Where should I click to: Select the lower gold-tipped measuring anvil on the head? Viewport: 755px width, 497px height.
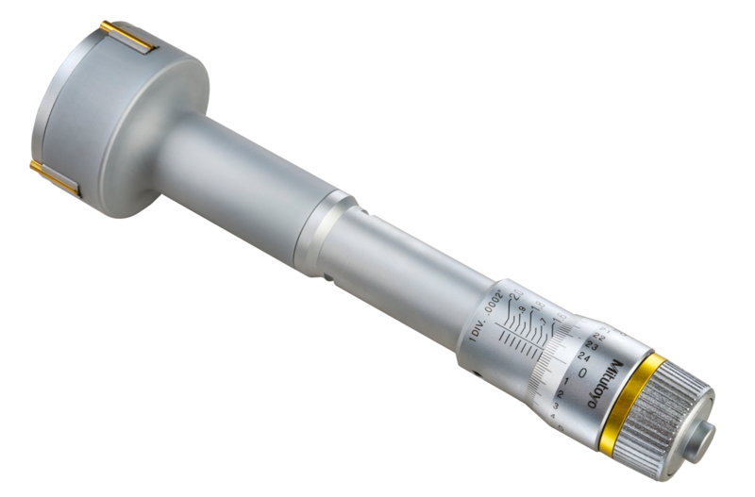[x=54, y=176]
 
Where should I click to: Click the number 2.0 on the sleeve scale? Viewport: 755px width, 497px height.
[x=516, y=294]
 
